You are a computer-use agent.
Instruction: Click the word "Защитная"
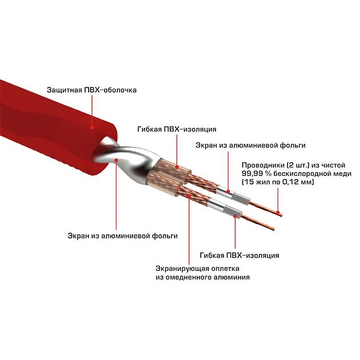pos(63,91)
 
